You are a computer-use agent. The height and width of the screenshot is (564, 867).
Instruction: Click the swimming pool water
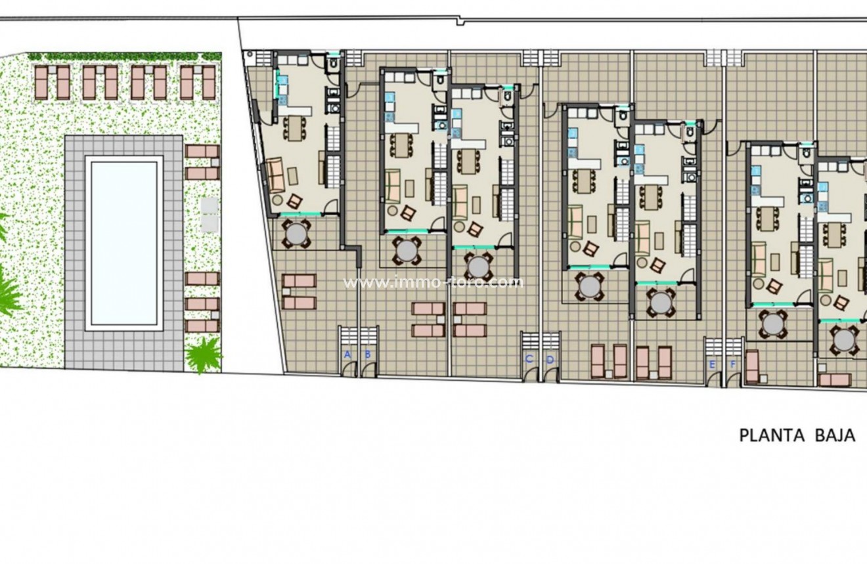coord(124,243)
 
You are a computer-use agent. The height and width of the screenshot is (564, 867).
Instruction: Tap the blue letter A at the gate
coord(347,355)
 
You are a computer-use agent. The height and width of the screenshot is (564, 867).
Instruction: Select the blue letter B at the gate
coord(368,355)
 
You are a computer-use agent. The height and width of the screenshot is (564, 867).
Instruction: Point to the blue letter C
coord(529,359)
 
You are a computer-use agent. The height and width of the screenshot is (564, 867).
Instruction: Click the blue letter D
coord(550,360)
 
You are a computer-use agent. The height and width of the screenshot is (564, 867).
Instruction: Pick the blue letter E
coord(712,364)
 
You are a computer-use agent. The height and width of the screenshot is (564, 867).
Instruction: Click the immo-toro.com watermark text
coord(433,282)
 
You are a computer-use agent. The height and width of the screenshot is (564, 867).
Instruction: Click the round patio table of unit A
coord(296,234)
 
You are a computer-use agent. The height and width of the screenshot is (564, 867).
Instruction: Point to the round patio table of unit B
coord(407,251)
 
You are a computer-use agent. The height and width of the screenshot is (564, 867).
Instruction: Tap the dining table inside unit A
coord(295,129)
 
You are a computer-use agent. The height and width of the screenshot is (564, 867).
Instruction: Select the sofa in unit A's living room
coord(277,175)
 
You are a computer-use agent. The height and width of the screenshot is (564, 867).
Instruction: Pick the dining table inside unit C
coord(469,162)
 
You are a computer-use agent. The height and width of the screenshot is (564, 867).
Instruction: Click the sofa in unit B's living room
coord(393,186)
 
